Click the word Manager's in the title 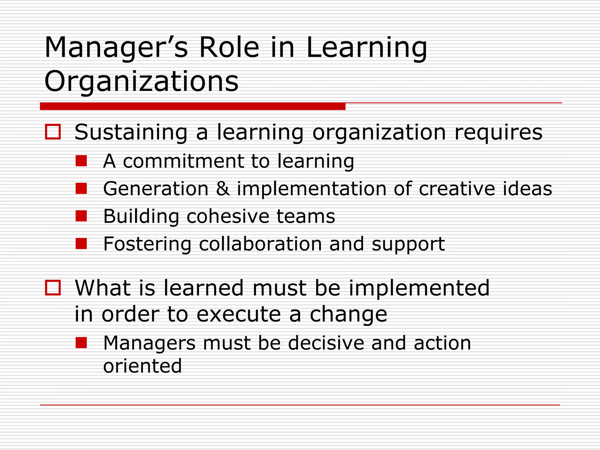tap(116, 48)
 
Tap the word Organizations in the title tap(142, 81)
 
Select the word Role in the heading tap(229, 48)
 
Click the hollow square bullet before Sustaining tap(53, 132)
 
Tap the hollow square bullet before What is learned tap(53, 288)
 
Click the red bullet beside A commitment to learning tap(81, 161)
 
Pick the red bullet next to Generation tap(81, 188)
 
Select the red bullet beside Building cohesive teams tap(81, 216)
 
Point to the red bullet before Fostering tap(81, 243)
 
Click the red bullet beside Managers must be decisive tap(81, 342)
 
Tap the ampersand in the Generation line tap(223, 188)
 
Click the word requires tap(498, 132)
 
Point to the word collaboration tap(260, 244)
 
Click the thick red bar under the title tap(192, 106)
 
